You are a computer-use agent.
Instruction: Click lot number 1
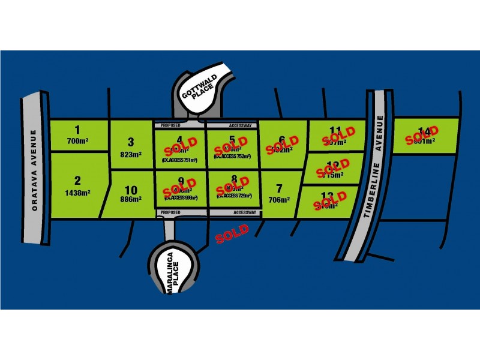(x=77, y=128)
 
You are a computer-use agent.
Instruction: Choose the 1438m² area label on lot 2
(x=77, y=193)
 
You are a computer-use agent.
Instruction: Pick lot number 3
(x=131, y=142)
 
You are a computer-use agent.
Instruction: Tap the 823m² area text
(x=131, y=154)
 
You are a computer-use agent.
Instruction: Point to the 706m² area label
(x=279, y=200)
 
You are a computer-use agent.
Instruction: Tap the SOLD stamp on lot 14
(x=422, y=136)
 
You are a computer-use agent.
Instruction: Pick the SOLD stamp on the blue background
(x=232, y=234)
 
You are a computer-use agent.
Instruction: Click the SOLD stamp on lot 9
(x=180, y=186)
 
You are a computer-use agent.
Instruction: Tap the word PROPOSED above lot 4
(x=168, y=126)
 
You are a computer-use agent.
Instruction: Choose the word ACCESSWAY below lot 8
(x=244, y=212)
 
